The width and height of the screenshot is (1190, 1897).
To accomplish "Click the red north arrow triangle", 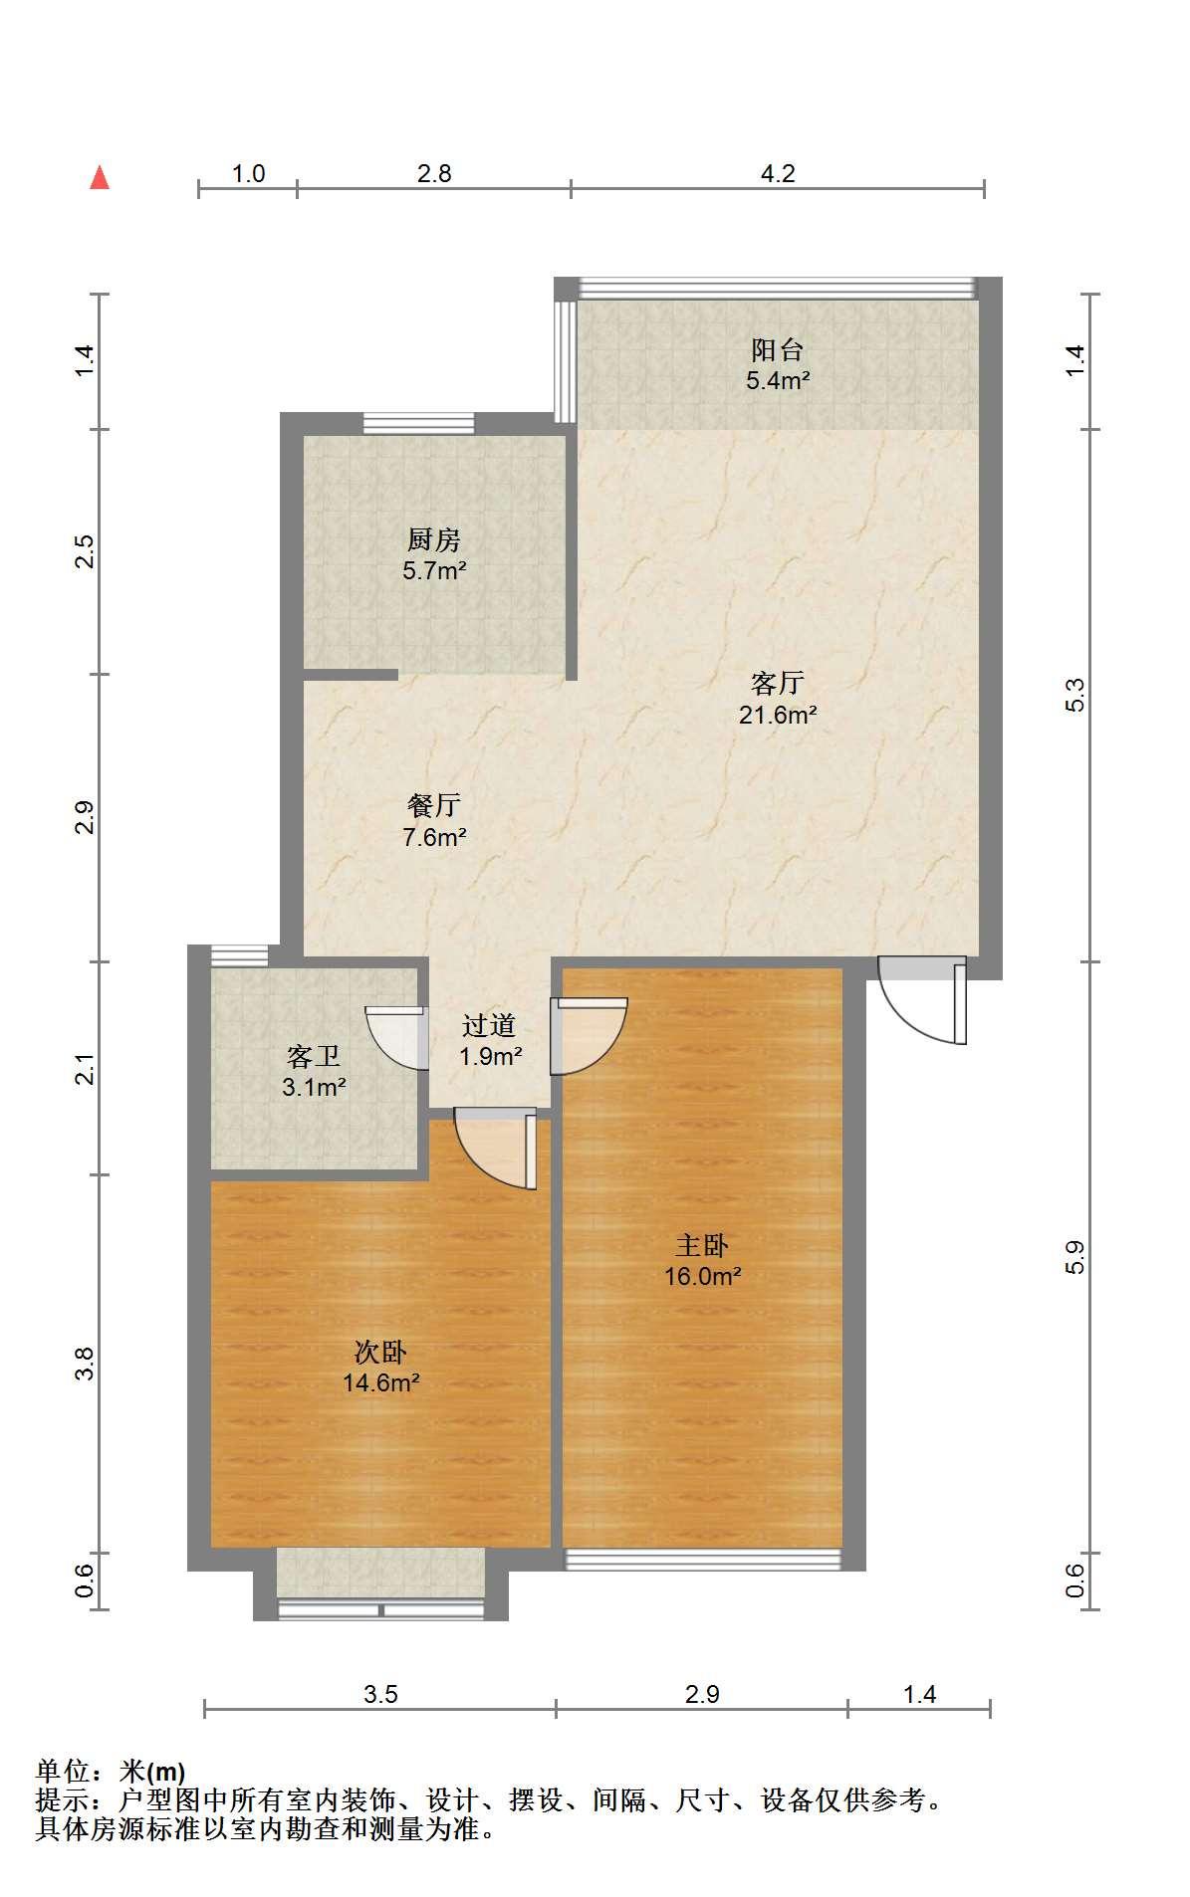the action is (x=100, y=178).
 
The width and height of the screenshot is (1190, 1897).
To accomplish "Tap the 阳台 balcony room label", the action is (x=777, y=349).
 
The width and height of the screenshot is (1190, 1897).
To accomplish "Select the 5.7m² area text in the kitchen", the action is (x=435, y=571).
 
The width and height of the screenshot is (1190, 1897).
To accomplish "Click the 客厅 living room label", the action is (x=777, y=684).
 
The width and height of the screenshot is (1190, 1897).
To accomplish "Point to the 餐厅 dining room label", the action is (x=434, y=805).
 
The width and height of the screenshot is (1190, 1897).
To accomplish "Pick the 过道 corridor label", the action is (x=489, y=1025).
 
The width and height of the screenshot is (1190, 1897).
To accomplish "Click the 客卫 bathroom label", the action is (x=314, y=1056).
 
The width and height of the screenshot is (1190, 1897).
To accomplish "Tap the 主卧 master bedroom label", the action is (x=702, y=1245).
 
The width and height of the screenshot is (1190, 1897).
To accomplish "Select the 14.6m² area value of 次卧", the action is (x=380, y=1383).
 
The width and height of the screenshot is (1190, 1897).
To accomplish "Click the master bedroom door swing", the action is (x=590, y=1036).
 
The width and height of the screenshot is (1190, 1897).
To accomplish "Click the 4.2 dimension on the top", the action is (x=778, y=174).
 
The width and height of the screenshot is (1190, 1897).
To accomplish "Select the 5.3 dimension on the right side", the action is (x=1074, y=696).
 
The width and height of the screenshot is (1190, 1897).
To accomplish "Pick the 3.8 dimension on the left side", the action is (x=86, y=1364).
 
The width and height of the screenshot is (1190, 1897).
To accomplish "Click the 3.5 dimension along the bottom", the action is (x=380, y=1694).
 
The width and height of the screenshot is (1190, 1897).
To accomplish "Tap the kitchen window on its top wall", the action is (x=418, y=424).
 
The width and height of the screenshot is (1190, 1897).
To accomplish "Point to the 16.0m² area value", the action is (x=703, y=1277).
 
